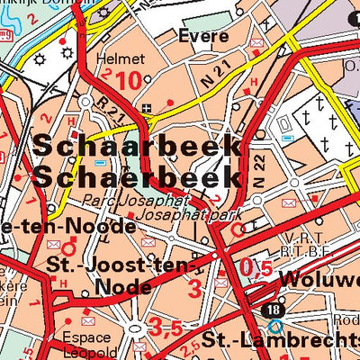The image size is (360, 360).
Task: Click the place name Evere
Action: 202,37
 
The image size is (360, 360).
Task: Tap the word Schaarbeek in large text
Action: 136,146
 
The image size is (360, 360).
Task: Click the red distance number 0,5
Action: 256,267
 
